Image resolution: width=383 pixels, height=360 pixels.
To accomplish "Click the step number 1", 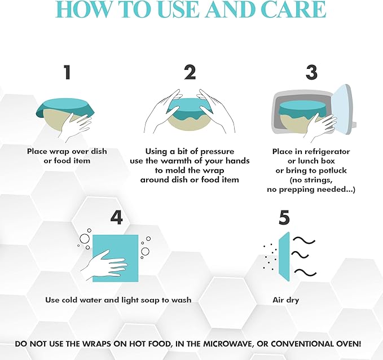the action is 67,72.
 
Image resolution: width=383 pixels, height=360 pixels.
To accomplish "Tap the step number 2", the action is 190,72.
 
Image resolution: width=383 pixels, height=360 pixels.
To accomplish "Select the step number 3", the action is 311,72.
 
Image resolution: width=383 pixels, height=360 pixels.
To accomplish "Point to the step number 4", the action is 116,217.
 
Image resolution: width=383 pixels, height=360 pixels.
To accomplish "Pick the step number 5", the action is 284,217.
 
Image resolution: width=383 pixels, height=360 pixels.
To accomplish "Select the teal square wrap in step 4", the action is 115,258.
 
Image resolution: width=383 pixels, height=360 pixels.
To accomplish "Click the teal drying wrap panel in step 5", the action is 284,257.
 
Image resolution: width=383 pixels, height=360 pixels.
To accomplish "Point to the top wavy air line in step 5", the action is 303,241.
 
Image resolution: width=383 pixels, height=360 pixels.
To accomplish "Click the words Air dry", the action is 285,300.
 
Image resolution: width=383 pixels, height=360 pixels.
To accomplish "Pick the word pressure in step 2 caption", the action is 217,152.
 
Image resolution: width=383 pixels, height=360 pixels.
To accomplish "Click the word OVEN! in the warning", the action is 347,344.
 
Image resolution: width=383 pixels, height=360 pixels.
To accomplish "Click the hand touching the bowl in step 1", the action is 75,127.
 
